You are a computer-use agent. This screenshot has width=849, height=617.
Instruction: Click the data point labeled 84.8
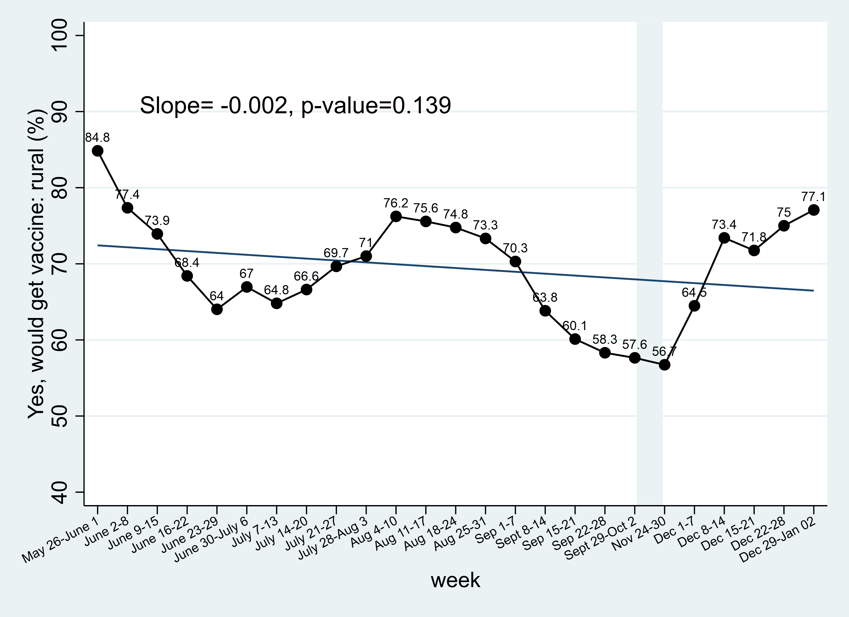tap(98, 151)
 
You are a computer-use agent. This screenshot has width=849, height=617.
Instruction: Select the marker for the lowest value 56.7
tap(665, 365)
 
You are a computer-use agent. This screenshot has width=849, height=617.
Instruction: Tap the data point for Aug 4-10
tap(396, 216)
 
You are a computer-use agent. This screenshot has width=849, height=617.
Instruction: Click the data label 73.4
tap(724, 225)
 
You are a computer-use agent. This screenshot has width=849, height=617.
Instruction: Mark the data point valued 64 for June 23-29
tap(217, 309)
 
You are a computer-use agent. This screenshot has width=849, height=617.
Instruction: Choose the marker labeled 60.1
tap(575, 339)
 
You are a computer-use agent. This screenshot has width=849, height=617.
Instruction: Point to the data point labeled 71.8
tap(754, 250)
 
